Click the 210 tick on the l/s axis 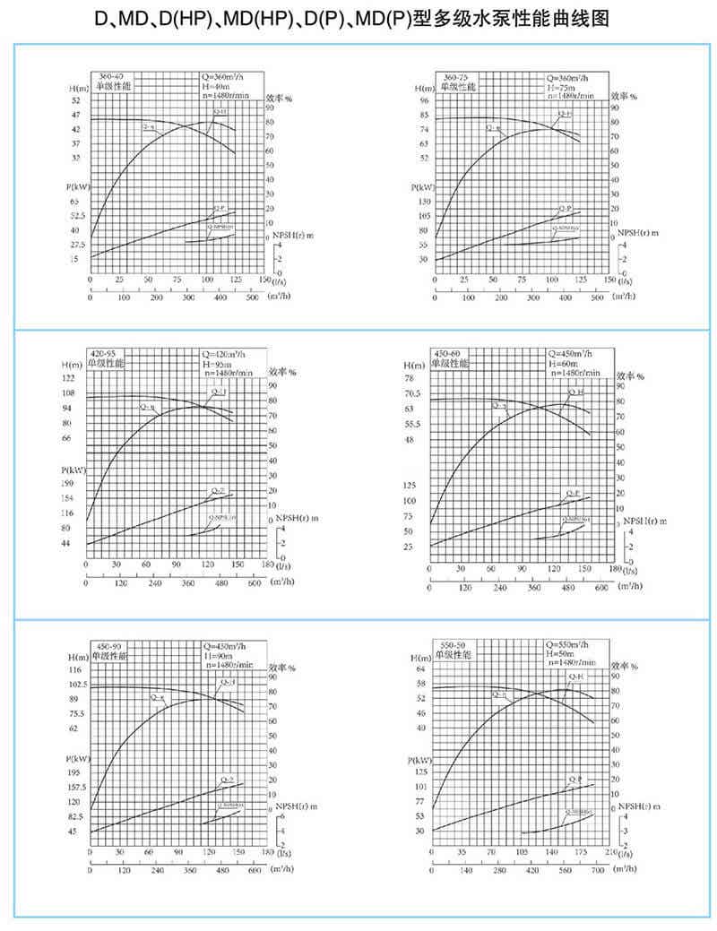611,854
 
